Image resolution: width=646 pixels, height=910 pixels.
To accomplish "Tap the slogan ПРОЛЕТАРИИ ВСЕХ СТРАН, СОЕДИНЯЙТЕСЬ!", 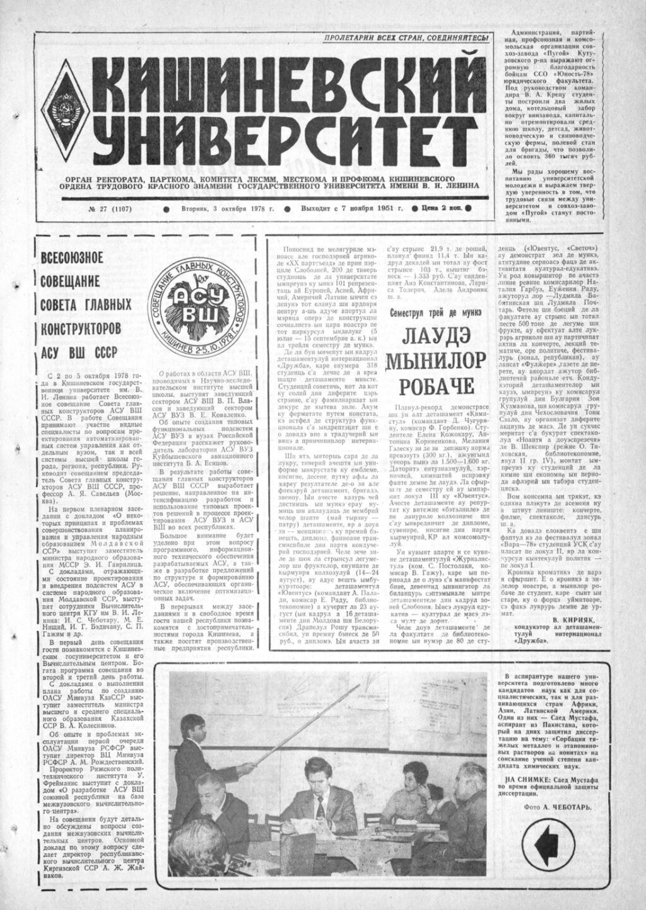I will click(406, 40).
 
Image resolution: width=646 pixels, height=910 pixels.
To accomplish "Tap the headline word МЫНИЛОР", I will click(437, 361).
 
